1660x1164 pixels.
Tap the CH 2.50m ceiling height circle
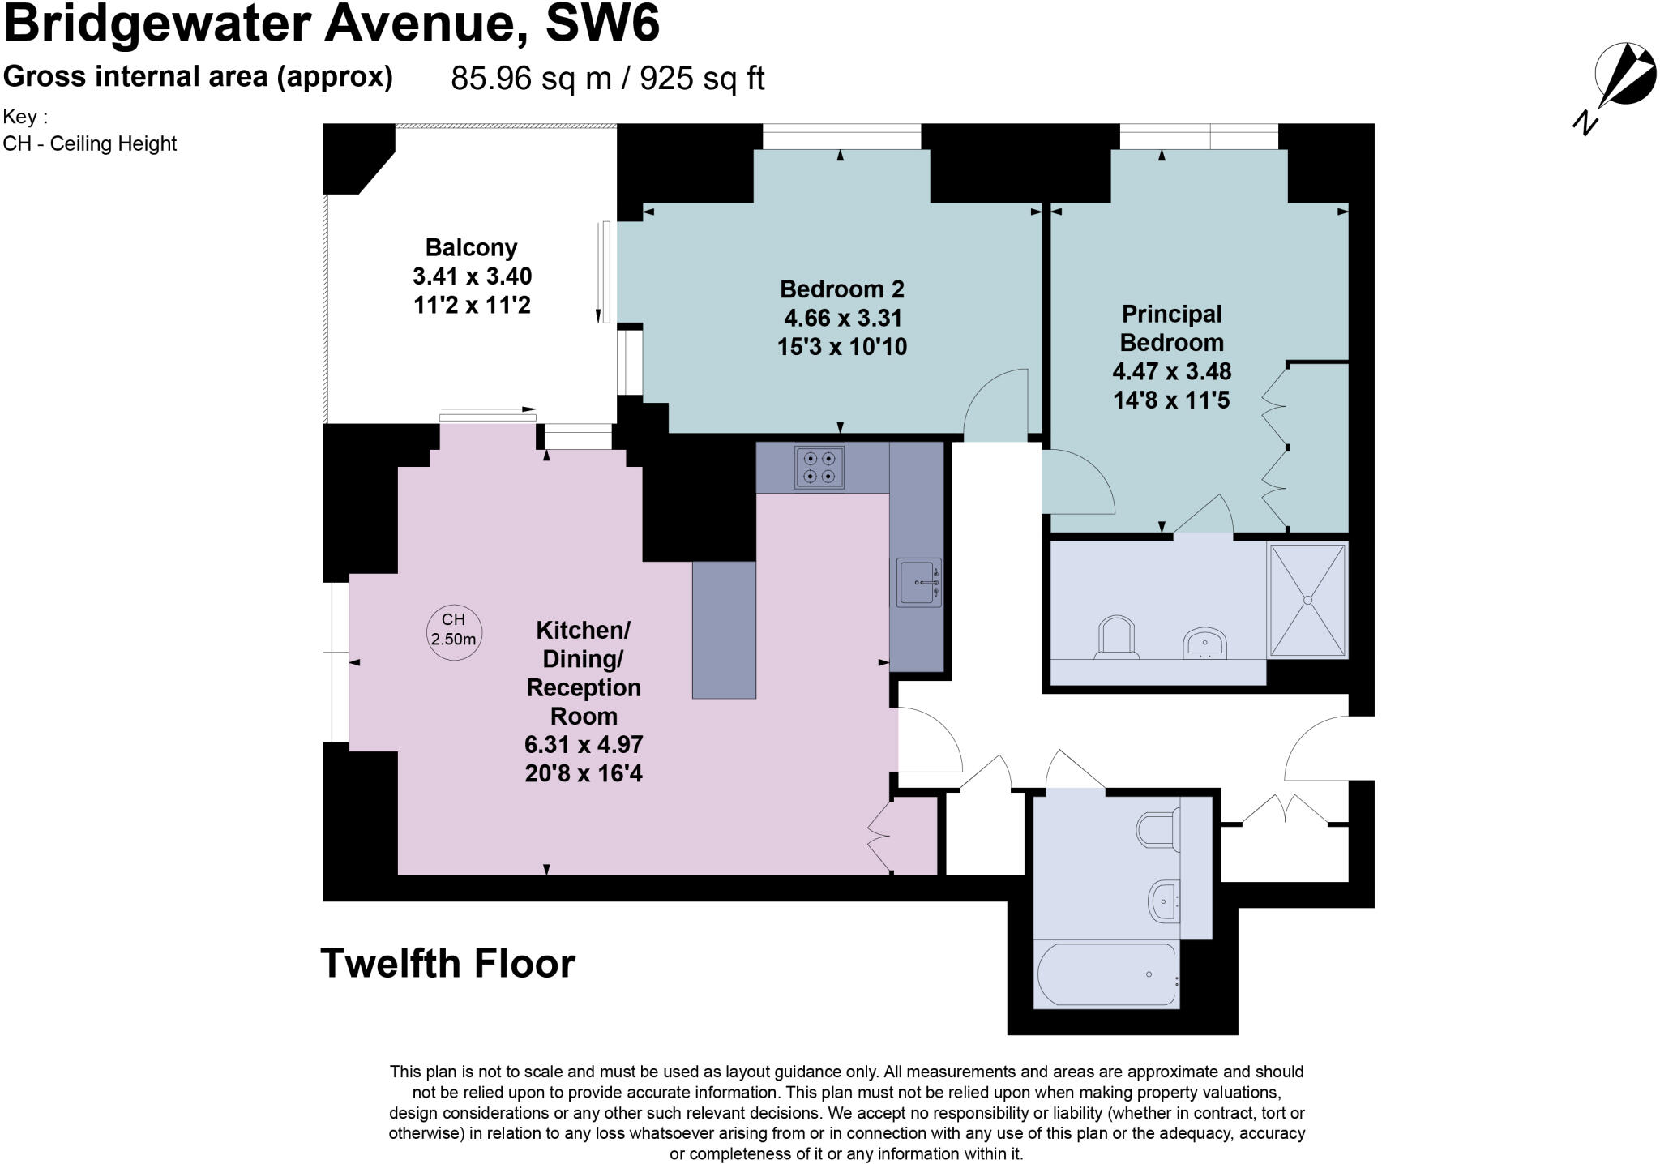[x=454, y=631]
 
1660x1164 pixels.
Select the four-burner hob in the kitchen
[x=819, y=468]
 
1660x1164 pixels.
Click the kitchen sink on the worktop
[x=918, y=582]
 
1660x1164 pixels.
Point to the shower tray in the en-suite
[x=1307, y=600]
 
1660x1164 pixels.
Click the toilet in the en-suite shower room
[x=1115, y=638]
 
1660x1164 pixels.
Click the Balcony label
[x=471, y=247]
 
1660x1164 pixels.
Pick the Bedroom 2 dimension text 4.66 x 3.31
[x=842, y=318]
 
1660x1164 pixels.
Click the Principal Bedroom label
[x=1171, y=328]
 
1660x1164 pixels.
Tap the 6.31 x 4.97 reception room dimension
[x=584, y=744]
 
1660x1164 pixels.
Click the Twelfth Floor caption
[x=447, y=963]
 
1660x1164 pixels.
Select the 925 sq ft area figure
[x=702, y=79]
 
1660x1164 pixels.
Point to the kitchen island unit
[x=724, y=630]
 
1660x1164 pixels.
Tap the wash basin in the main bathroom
[x=1165, y=901]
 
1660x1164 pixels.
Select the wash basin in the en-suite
[x=1205, y=644]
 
